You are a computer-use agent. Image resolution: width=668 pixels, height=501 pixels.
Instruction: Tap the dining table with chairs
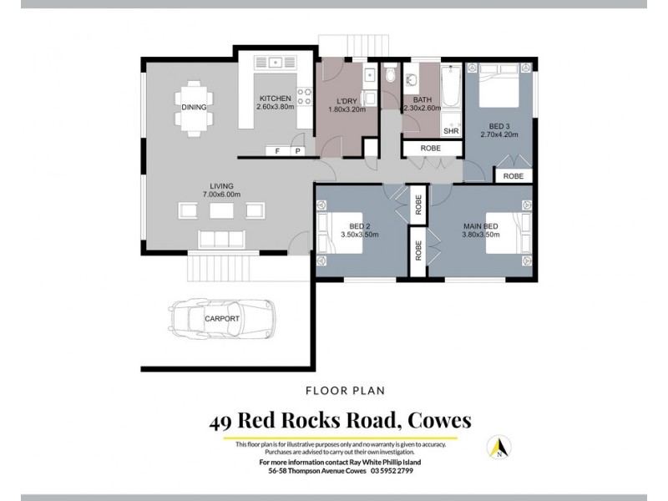pos(194,107)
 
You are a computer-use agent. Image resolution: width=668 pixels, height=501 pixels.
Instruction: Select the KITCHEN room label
pos(275,99)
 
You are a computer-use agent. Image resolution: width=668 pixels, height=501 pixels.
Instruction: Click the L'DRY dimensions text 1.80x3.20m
pos(346,109)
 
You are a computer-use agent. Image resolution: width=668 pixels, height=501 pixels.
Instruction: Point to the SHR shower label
pos(451,131)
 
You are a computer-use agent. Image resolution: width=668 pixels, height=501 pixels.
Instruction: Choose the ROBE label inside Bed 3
pos(514,176)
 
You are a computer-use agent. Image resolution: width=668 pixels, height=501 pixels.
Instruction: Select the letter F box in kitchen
pos(277,151)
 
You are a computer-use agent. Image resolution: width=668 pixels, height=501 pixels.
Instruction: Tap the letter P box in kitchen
pos(297,151)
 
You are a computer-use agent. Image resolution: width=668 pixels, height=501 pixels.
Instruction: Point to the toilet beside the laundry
pos(392,78)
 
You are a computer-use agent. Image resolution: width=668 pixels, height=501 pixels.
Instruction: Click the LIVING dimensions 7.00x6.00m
pos(222,195)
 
